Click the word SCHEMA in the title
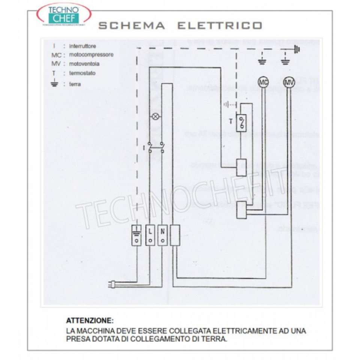[x=131, y=25]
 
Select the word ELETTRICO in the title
[x=219, y=25]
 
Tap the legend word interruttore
[x=82, y=46]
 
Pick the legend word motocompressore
[x=91, y=55]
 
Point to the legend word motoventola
[x=84, y=64]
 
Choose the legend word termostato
[x=82, y=73]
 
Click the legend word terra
[x=75, y=84]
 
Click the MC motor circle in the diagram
[x=264, y=82]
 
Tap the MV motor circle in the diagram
[x=288, y=82]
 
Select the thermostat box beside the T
[x=241, y=122]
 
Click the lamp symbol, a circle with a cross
[x=155, y=117]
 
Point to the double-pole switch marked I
[x=156, y=147]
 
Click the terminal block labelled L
[x=150, y=235]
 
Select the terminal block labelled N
[x=162, y=235]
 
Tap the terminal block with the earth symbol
[x=136, y=235]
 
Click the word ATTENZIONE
[x=89, y=321]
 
